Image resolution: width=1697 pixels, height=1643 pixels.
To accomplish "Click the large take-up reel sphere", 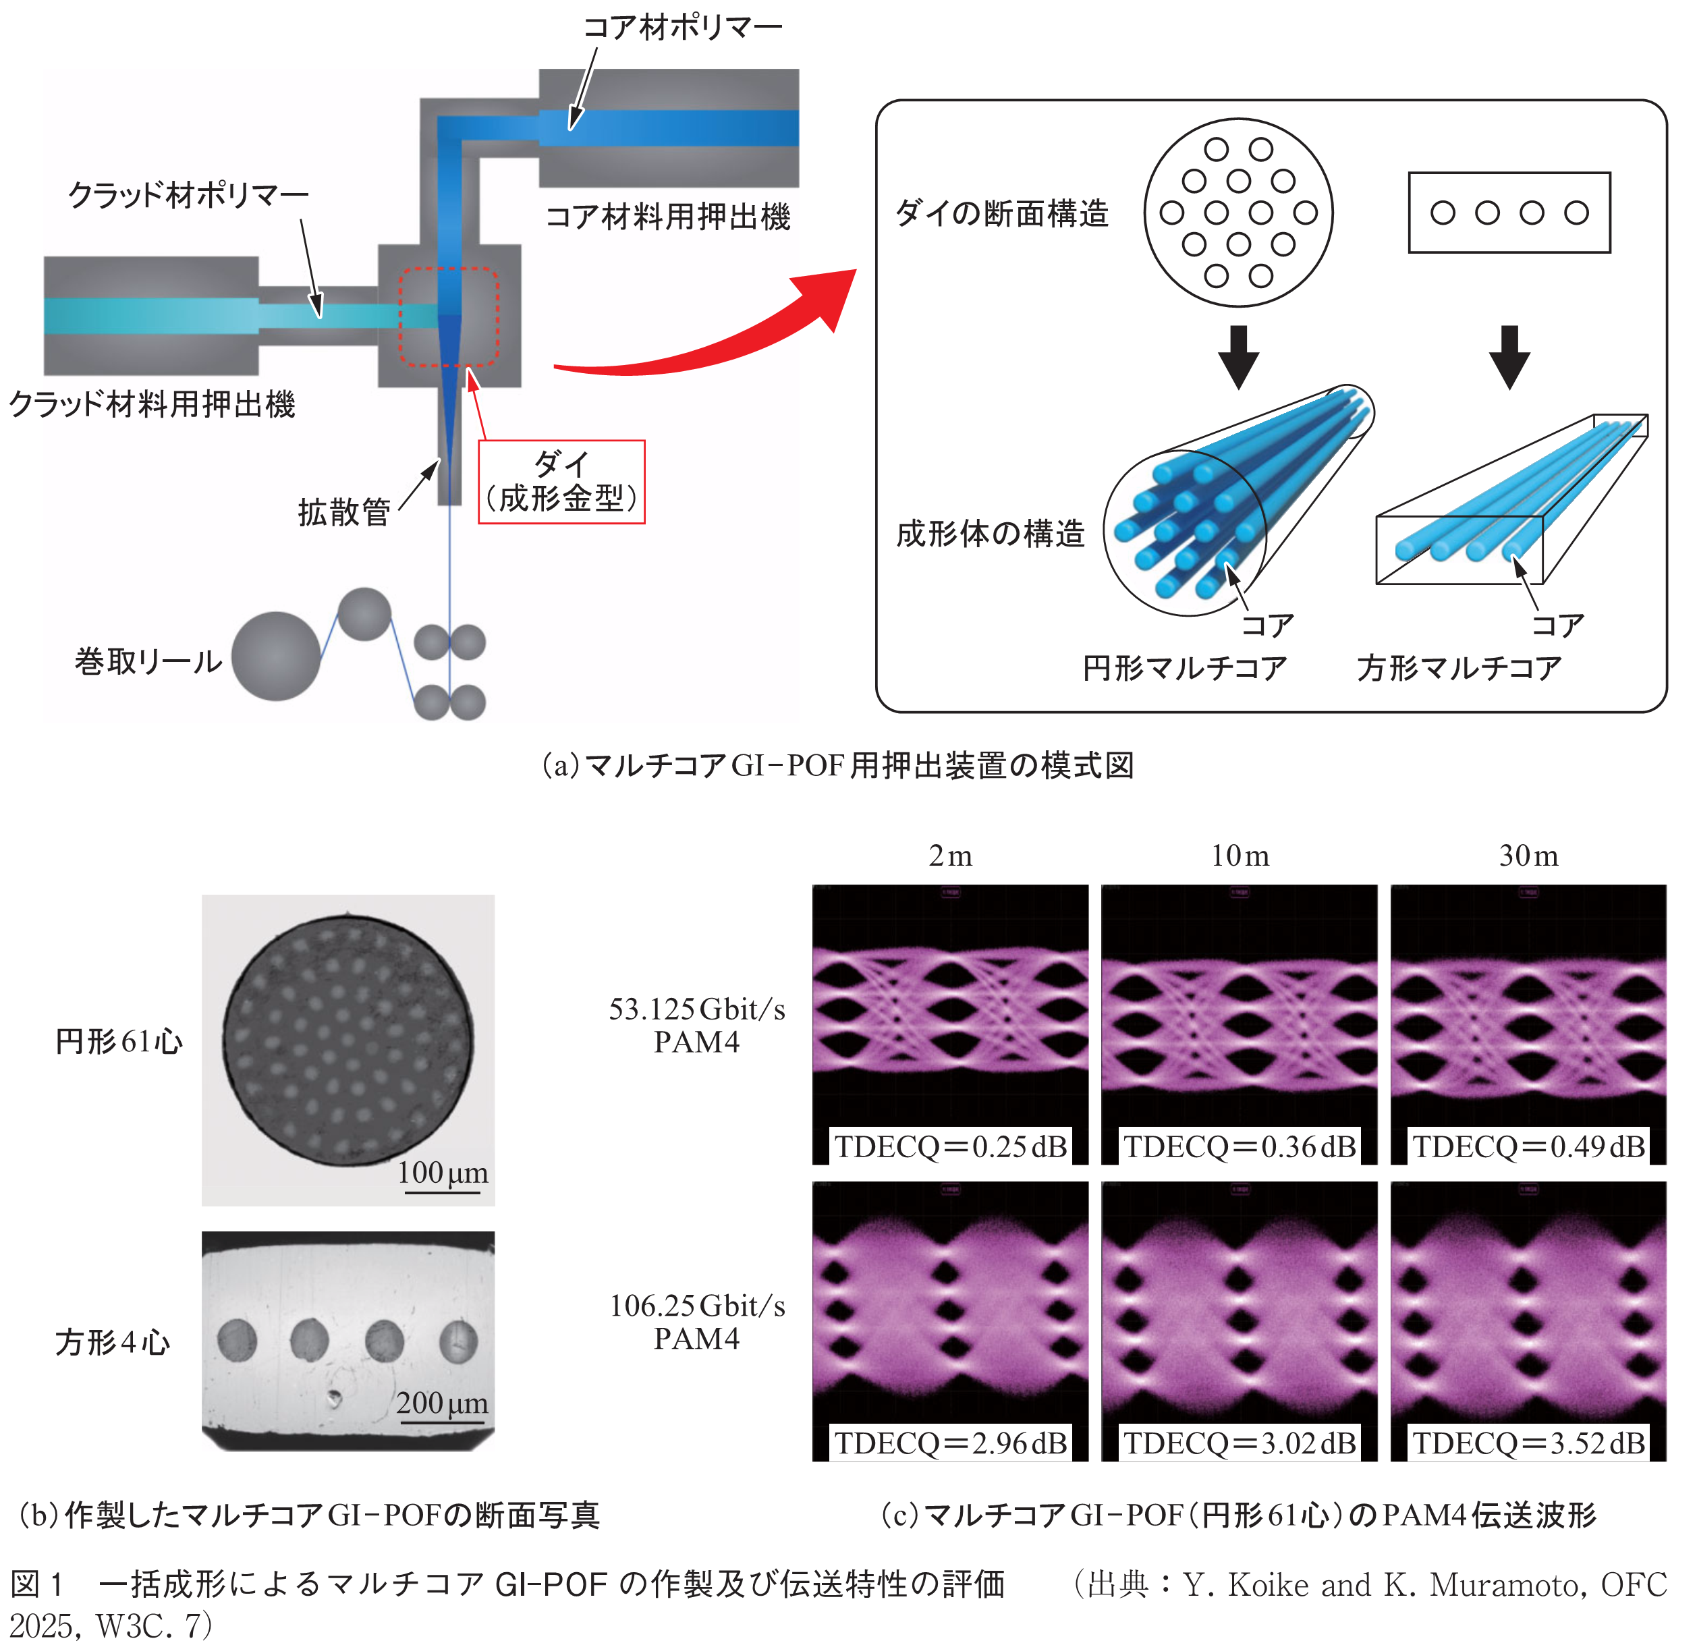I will [x=275, y=656].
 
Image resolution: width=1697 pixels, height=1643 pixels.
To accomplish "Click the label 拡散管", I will [x=343, y=512].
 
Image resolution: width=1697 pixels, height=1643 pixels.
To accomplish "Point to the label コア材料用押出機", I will [x=667, y=217].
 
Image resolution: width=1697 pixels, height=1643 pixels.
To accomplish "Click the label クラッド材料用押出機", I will [x=152, y=404].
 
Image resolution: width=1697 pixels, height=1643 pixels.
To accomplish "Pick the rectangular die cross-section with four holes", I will [x=1509, y=213].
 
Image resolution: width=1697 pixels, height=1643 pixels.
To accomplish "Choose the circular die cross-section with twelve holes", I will [x=1238, y=213].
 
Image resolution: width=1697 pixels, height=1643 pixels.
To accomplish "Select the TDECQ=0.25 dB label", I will [x=950, y=1146].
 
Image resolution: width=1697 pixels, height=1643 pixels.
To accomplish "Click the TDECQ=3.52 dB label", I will [x=1528, y=1443].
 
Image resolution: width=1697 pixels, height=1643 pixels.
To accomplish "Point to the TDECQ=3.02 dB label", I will [x=1239, y=1443].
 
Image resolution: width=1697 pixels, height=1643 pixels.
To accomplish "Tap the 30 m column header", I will [x=1528, y=856].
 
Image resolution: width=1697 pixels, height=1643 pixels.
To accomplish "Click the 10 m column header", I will [x=1239, y=856].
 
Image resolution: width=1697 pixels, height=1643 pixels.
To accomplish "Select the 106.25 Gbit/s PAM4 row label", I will [x=697, y=1321].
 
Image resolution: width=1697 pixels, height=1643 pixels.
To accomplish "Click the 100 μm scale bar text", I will [x=443, y=1173].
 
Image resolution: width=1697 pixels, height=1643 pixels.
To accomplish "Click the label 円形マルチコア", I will [x=1184, y=668].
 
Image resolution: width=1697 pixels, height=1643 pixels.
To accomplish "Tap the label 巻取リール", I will [x=148, y=662].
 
